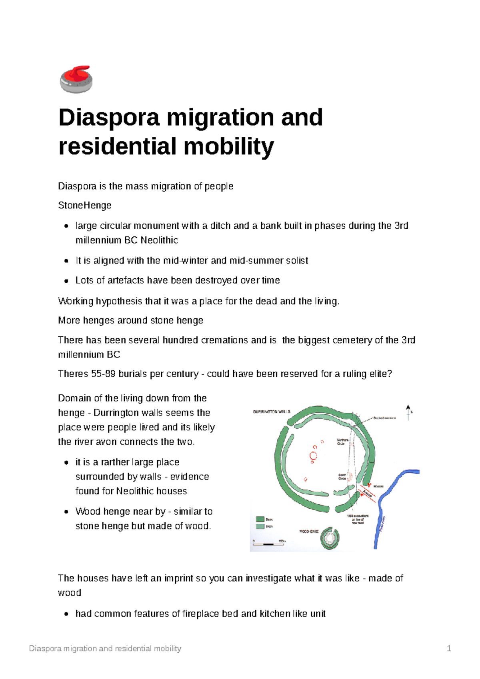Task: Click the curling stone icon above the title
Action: pyautogui.click(x=76, y=79)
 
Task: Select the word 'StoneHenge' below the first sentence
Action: pyautogui.click(x=85, y=206)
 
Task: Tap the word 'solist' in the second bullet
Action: pyautogui.click(x=297, y=261)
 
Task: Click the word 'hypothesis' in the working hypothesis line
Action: pyautogui.click(x=119, y=301)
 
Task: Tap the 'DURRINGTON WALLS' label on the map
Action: pyautogui.click(x=272, y=411)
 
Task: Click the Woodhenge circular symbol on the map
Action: pyautogui.click(x=330, y=538)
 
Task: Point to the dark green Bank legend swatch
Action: pyautogui.click(x=260, y=519)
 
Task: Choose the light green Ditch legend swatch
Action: pyautogui.click(x=260, y=526)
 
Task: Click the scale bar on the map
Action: pyautogui.click(x=268, y=544)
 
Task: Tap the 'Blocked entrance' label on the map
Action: pyautogui.click(x=384, y=418)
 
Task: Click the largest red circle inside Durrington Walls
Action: pyautogui.click(x=314, y=456)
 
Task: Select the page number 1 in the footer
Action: pyautogui.click(x=449, y=649)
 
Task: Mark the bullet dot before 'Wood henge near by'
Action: pyautogui.click(x=67, y=512)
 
